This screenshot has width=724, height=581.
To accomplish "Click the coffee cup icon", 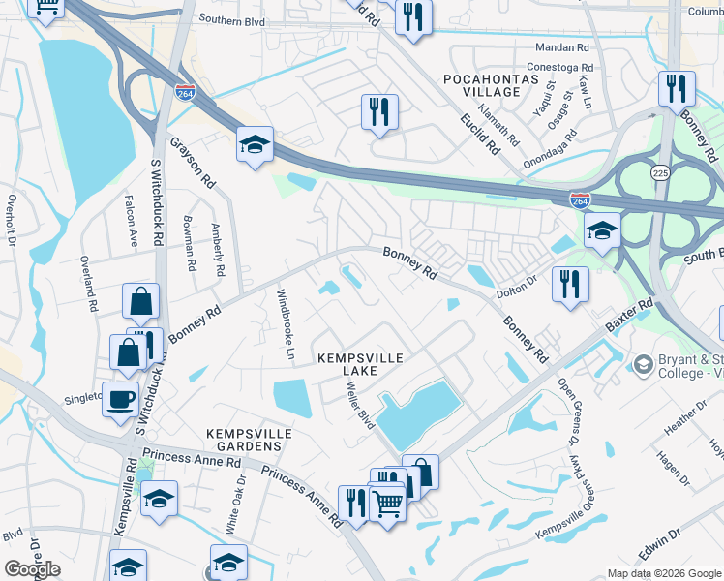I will click(x=121, y=399).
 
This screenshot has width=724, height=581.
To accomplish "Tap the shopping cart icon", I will click(x=387, y=501).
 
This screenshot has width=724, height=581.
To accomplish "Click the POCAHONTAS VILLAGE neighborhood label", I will click(x=482, y=84).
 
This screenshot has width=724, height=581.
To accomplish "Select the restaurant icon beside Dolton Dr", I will click(x=569, y=284).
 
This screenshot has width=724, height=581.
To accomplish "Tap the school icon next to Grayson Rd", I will click(x=256, y=145).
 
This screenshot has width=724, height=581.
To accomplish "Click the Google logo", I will click(x=32, y=569).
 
